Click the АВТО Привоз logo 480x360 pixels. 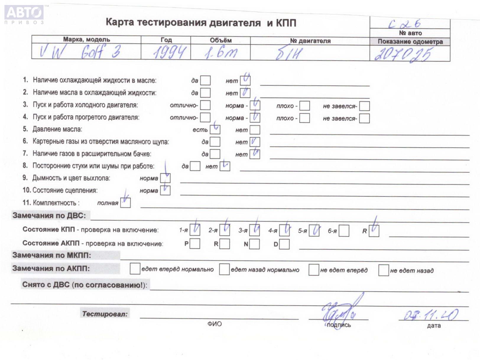(24, 14)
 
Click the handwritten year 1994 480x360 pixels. (170, 52)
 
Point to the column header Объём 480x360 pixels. (220, 40)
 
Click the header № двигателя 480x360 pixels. (310, 41)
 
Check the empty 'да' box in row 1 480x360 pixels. (205, 80)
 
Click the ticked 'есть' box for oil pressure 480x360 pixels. (215, 129)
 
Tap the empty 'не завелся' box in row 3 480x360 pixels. (364, 106)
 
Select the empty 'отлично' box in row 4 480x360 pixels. (205, 117)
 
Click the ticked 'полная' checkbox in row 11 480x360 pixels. (125, 203)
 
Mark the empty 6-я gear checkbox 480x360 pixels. (344, 231)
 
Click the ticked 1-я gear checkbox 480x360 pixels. (195, 230)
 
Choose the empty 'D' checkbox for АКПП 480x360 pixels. (284, 244)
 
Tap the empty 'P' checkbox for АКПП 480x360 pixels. (195, 244)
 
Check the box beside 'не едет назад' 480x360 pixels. (383, 270)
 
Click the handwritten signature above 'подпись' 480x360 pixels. (340, 312)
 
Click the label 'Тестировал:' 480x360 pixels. (105, 314)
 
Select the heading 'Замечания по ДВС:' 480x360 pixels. (49, 215)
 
